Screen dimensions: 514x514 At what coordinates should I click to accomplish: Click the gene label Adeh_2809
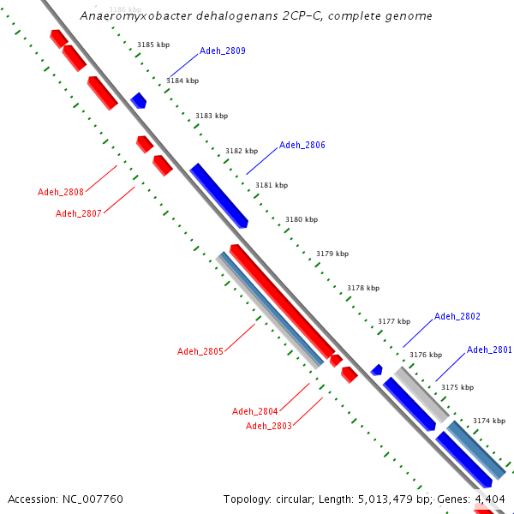pyautogui.click(x=223, y=51)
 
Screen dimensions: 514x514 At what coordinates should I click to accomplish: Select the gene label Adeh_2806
pyautogui.click(x=302, y=146)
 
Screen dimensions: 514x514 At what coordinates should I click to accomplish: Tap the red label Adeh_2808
pyautogui.click(x=61, y=192)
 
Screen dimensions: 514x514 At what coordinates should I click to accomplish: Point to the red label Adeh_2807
pyautogui.click(x=79, y=213)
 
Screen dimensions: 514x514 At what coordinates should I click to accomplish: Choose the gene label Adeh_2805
pyautogui.click(x=200, y=351)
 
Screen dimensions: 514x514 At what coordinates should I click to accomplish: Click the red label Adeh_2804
pyautogui.click(x=255, y=411)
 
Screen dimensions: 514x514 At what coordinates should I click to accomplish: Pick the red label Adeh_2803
pyautogui.click(x=269, y=426)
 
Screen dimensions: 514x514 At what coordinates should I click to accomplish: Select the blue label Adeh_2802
pyautogui.click(x=457, y=317)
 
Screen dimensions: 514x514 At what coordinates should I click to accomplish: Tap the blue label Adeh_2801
pyautogui.click(x=489, y=350)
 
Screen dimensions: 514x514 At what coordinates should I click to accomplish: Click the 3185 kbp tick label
pyautogui.click(x=153, y=45)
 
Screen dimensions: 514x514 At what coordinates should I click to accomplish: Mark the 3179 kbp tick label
pyautogui.click(x=332, y=254)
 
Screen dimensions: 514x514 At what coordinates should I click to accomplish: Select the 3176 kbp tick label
pyautogui.click(x=426, y=355)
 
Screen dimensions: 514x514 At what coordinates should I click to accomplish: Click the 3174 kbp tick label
pyautogui.click(x=489, y=421)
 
